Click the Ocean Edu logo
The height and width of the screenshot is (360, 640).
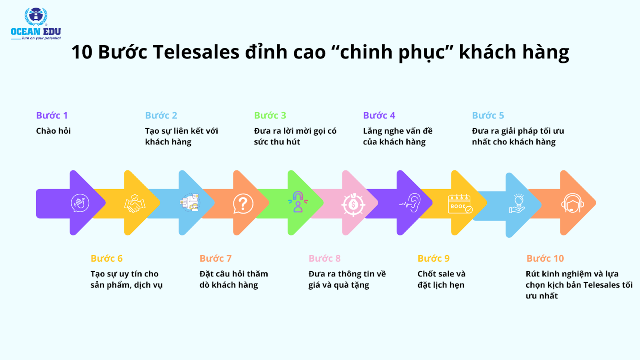click(x=36, y=24)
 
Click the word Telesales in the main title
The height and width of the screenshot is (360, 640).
click(x=196, y=52)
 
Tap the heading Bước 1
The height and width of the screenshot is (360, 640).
click(x=52, y=115)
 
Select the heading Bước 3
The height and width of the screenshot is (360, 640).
click(x=270, y=115)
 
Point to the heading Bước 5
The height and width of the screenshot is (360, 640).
click(x=488, y=115)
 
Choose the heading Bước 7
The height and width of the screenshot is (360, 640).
click(x=216, y=258)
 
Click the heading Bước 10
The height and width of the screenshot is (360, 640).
click(x=545, y=258)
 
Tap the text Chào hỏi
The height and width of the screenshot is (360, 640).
click(x=53, y=131)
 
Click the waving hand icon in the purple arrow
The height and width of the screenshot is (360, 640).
click(x=80, y=203)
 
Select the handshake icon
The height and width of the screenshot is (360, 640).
click(x=134, y=203)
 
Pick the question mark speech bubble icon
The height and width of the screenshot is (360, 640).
click(x=243, y=204)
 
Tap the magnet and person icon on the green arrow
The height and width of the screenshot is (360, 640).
click(x=298, y=202)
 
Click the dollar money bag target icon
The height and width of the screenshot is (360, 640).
click(x=353, y=204)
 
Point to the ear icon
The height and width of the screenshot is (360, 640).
click(x=410, y=202)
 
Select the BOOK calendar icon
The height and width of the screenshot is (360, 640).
click(x=460, y=204)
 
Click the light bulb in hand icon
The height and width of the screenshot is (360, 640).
click(x=517, y=204)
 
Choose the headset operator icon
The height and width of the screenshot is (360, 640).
click(x=572, y=203)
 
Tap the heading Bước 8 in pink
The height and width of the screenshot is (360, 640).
click(x=324, y=258)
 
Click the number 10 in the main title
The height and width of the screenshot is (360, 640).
click(x=82, y=52)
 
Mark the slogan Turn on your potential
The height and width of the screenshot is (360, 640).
click(x=41, y=38)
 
